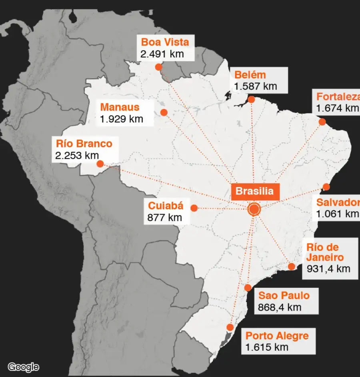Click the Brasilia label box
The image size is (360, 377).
point(254,191)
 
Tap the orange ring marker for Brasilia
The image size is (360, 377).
point(254,209)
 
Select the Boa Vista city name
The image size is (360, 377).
point(165,42)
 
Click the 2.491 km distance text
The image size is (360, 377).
point(162,54)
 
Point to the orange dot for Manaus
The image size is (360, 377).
point(164,112)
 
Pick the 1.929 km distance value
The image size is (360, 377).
point(121,119)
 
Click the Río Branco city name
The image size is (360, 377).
point(84,144)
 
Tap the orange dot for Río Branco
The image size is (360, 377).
point(100,164)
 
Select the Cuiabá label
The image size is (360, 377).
point(166,206)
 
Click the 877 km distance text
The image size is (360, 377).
point(164,217)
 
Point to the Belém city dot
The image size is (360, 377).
point(251,99)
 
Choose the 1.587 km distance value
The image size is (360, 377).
point(256,86)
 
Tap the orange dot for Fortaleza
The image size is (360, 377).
point(322,122)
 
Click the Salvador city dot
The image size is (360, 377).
point(326,187)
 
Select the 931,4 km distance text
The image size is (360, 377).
point(328,268)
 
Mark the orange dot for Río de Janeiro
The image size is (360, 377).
point(292,267)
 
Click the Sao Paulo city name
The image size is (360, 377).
point(284,296)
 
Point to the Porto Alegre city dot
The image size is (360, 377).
point(230,327)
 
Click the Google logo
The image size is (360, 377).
point(24,367)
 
